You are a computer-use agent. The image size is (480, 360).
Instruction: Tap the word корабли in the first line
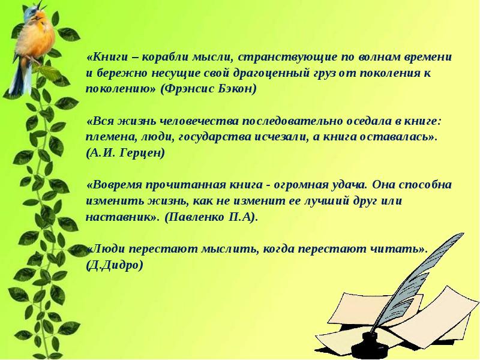[163, 58]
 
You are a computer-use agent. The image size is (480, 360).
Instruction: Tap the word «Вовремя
[113, 185]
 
